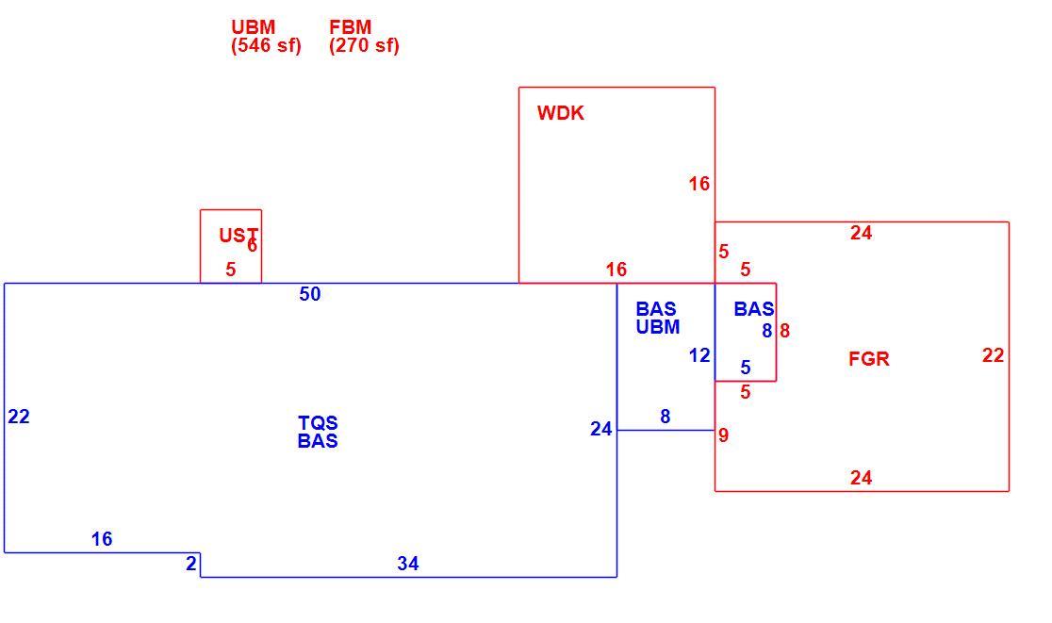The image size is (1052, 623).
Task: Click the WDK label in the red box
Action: [x=560, y=113]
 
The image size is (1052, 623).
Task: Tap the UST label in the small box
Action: [x=238, y=235]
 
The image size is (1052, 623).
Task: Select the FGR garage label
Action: [x=869, y=359]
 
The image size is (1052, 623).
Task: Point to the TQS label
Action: [x=318, y=422]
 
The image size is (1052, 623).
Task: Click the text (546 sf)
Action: [x=267, y=45]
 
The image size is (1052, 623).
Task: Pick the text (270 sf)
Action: [x=364, y=45]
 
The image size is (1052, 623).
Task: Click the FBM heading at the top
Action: [x=351, y=26]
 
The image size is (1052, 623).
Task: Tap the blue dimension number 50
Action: [x=310, y=294]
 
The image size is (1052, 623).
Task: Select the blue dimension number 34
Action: [x=408, y=564]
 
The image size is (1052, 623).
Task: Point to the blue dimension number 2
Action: [x=191, y=564]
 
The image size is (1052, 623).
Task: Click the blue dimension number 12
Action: [x=699, y=355]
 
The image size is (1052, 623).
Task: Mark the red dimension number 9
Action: [x=723, y=435]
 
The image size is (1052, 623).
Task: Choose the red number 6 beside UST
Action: [x=253, y=245]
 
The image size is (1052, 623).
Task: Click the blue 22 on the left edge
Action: [x=19, y=418]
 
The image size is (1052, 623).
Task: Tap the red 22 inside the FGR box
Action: [x=993, y=355]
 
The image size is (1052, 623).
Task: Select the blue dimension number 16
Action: [x=102, y=539]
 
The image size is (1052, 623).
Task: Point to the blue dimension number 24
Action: [x=601, y=429]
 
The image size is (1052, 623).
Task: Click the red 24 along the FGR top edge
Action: [x=862, y=233]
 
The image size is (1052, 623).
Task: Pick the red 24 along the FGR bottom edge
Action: [x=862, y=478]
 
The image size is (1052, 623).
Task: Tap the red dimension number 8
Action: [x=785, y=331]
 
